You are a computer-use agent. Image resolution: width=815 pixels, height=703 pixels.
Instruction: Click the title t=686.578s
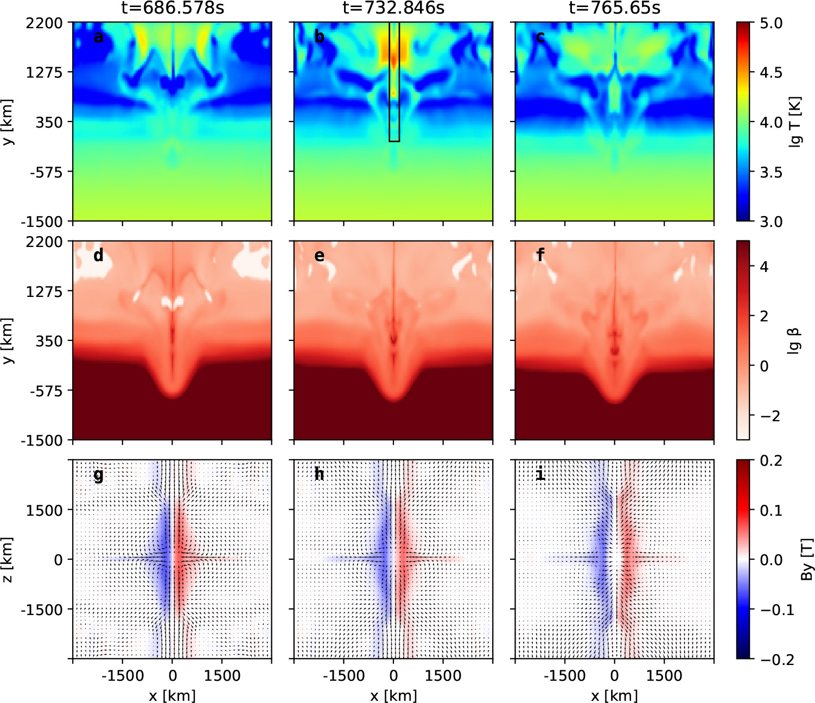click(x=172, y=8)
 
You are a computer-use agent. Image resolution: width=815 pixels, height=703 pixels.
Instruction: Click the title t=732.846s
click(x=393, y=8)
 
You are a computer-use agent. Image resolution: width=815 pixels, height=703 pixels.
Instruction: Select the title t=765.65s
click(x=614, y=8)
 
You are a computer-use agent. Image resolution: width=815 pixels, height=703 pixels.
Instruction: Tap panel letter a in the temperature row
click(x=98, y=37)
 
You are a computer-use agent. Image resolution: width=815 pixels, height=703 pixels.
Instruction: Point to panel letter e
click(x=319, y=255)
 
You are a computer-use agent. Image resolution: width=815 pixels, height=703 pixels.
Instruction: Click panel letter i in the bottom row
click(x=540, y=474)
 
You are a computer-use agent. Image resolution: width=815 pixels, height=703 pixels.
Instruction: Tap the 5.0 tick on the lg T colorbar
click(x=771, y=23)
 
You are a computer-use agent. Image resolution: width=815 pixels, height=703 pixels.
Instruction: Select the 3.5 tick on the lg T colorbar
click(x=771, y=172)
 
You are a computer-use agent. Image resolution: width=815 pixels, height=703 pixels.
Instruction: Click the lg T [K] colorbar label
click(x=795, y=122)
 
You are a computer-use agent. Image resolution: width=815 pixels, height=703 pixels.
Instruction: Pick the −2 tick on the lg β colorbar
click(x=769, y=416)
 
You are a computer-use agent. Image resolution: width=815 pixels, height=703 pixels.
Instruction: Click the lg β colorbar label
click(x=793, y=341)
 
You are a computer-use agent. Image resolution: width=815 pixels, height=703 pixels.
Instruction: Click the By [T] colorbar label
click(x=806, y=559)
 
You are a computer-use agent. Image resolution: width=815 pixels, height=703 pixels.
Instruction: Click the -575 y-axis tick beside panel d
click(x=46, y=390)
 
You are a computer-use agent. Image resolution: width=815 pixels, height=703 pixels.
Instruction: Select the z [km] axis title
click(x=7, y=559)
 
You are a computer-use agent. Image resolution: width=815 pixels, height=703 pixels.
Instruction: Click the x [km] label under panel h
click(x=393, y=695)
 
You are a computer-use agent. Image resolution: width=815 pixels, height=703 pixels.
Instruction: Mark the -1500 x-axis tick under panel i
click(x=565, y=675)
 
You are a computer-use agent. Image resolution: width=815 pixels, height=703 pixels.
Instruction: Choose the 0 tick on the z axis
click(x=59, y=560)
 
